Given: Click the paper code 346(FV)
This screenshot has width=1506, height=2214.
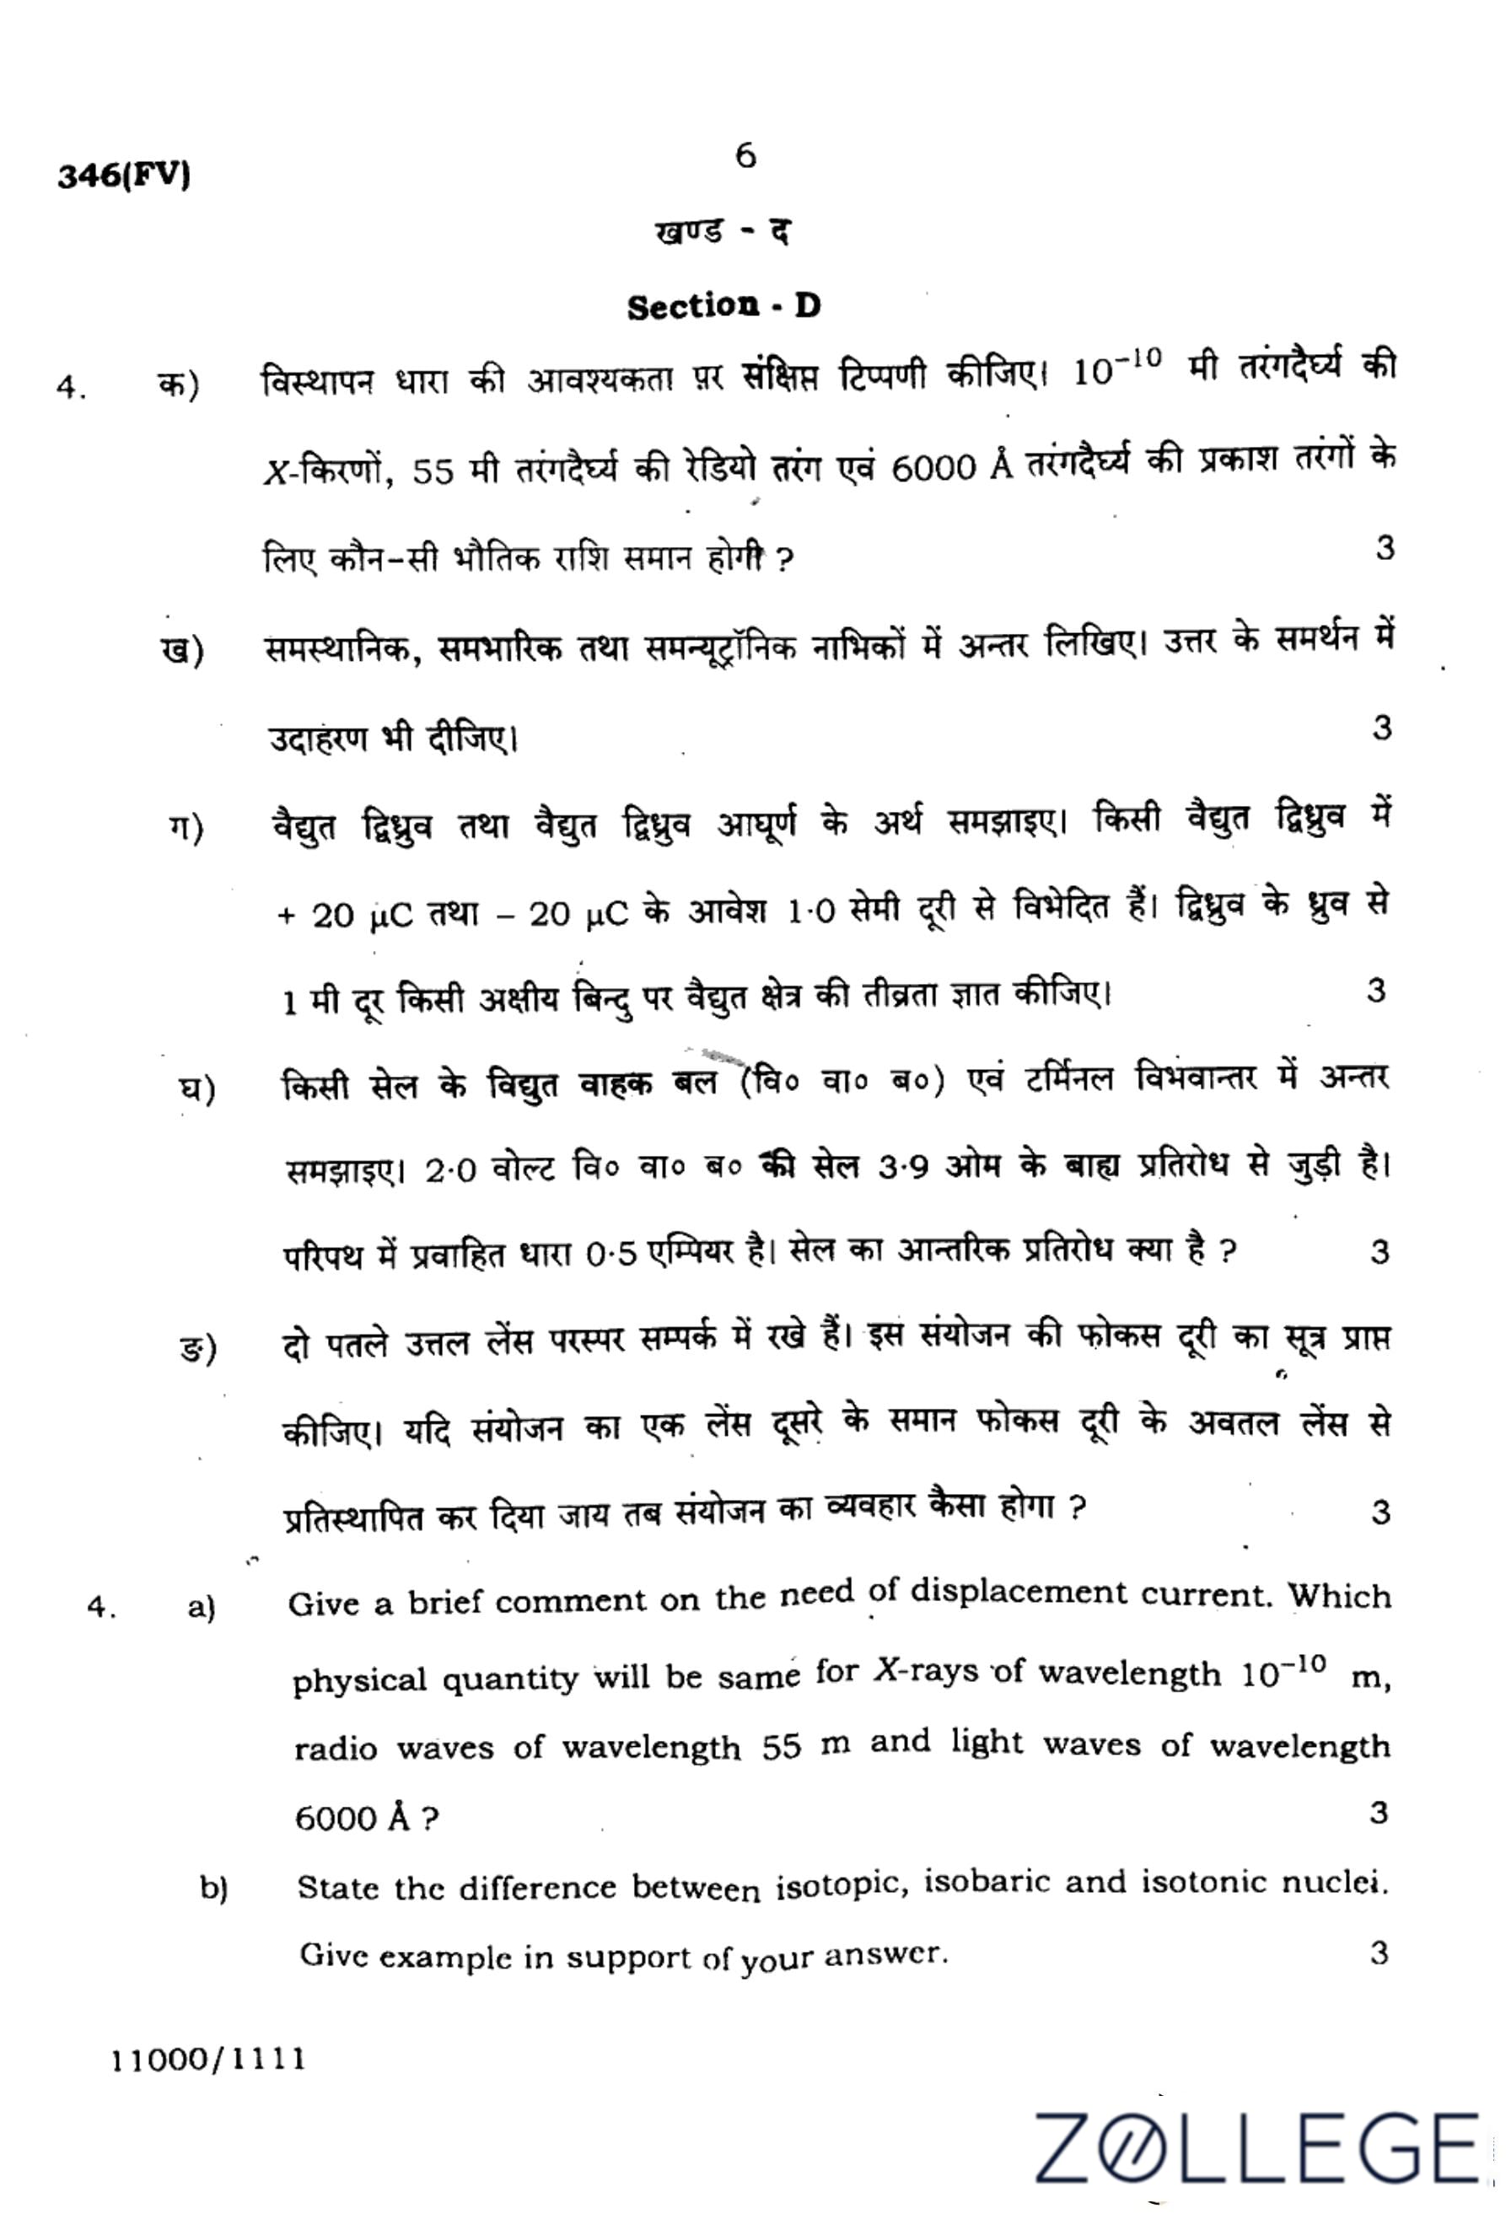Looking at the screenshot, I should coord(124,176).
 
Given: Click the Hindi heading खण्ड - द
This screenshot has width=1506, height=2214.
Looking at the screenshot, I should coord(722,232).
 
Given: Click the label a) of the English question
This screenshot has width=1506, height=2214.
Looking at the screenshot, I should coord(202,1608).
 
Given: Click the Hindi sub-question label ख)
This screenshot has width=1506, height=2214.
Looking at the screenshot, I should coord(182,652).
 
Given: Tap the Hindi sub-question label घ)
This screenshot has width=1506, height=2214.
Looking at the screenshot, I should coord(198,1089).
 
